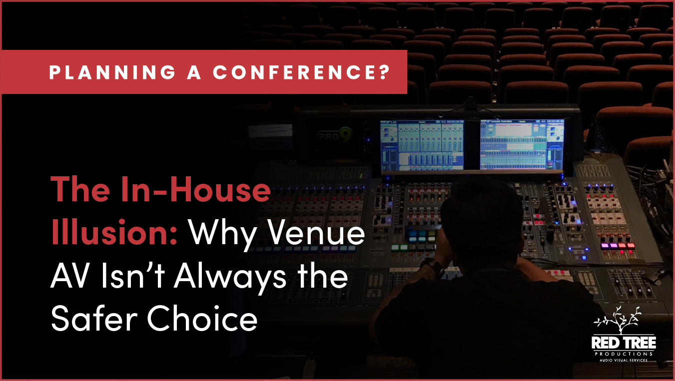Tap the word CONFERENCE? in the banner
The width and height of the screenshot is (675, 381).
coord(301,72)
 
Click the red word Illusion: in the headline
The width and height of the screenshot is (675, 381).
coord(114,233)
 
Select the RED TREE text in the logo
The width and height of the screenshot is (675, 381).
coord(624,343)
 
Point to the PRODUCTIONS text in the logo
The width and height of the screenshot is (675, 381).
coord(624,354)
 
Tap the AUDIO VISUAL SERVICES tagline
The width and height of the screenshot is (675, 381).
coord(624,360)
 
